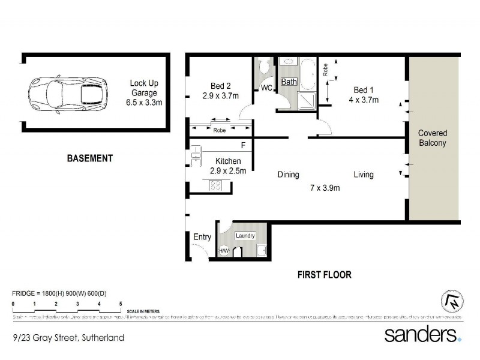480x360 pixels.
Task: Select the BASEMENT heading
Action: [x=89, y=158]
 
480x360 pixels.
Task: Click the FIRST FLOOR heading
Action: [x=324, y=275]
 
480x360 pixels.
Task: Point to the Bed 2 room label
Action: [x=220, y=91]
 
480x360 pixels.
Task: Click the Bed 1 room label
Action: [x=364, y=95]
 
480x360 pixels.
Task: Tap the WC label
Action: [x=266, y=89]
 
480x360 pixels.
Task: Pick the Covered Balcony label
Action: [x=433, y=138]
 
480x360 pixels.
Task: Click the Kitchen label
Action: [x=225, y=166]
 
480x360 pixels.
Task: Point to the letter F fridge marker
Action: [x=242, y=146]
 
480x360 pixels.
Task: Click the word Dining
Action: [x=288, y=175]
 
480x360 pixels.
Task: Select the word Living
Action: [x=364, y=175]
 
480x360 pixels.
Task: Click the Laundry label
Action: [x=245, y=236]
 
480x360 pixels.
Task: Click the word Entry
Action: [x=202, y=237]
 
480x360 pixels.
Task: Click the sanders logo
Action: [x=422, y=334]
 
